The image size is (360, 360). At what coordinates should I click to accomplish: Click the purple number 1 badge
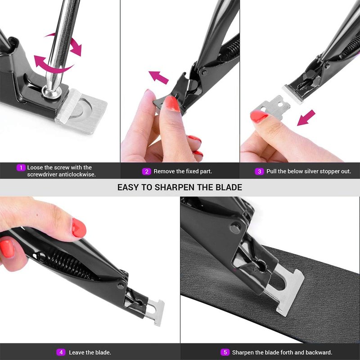[21, 167]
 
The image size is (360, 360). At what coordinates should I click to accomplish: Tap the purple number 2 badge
[147, 171]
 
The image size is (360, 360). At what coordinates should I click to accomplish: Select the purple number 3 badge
[259, 171]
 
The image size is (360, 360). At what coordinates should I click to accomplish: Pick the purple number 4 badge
[61, 352]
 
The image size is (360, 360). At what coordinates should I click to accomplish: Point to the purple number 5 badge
[225, 352]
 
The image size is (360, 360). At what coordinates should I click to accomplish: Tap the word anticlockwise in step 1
[77, 175]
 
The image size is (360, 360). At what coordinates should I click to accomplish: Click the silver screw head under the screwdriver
[51, 92]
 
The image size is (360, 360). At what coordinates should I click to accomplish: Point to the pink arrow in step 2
[158, 77]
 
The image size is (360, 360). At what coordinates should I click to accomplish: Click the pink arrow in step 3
[306, 118]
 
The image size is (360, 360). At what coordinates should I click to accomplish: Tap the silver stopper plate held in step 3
[273, 108]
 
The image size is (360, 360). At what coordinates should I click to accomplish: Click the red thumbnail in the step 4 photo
[79, 228]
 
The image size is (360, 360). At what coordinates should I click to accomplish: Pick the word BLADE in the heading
[229, 187]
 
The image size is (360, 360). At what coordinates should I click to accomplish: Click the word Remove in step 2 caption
[162, 171]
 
